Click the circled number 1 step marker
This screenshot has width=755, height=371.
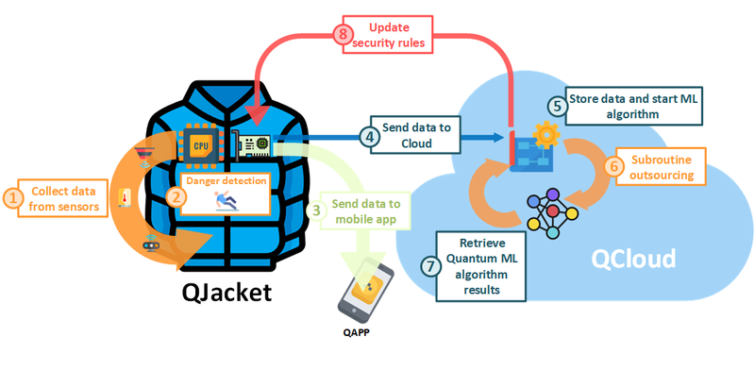click(12, 197)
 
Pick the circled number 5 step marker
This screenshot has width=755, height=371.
click(558, 106)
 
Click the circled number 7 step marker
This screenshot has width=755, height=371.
click(429, 266)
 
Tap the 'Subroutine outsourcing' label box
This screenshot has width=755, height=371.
click(662, 165)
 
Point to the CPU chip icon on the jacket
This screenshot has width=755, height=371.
click(201, 146)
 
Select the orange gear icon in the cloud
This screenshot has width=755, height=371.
click(545, 135)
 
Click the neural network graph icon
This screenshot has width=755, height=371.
click(554, 214)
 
